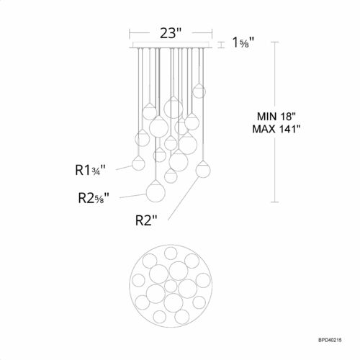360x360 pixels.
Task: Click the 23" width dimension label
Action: point(171,33)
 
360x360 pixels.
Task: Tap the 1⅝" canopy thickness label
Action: point(243,42)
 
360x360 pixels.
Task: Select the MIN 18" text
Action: point(276,117)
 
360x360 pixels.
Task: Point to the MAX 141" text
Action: point(276,129)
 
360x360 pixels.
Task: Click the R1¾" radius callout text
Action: point(90,170)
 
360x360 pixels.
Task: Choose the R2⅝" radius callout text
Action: point(94,198)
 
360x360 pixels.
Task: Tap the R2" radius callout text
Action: point(146,220)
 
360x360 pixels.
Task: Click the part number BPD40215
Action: point(330,340)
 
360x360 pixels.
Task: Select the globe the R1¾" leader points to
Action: point(138,163)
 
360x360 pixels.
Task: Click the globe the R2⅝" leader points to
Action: point(156,192)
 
